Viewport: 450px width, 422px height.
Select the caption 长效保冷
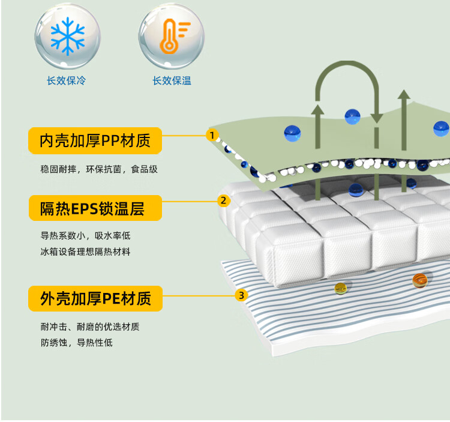(x=67, y=80)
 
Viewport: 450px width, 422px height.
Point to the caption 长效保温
(x=172, y=80)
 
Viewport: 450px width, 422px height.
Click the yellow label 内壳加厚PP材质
(x=95, y=141)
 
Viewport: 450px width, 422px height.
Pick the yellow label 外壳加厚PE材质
(x=95, y=298)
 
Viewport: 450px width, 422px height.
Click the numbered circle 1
(x=211, y=135)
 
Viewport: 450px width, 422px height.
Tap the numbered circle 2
(x=223, y=200)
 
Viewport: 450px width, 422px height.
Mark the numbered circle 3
(x=241, y=295)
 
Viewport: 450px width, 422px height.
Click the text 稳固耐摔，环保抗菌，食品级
(x=99, y=169)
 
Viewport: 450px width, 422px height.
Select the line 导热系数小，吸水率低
(x=85, y=236)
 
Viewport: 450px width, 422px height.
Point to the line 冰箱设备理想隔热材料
(x=85, y=252)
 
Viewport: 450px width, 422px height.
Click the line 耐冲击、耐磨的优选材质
(x=91, y=327)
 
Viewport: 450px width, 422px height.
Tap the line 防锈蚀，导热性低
(x=77, y=343)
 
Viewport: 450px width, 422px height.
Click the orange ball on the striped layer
(x=420, y=279)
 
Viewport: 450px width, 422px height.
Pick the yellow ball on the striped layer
(x=341, y=288)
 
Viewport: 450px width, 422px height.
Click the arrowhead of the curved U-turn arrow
(x=376, y=118)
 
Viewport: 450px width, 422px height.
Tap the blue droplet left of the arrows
(x=292, y=133)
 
